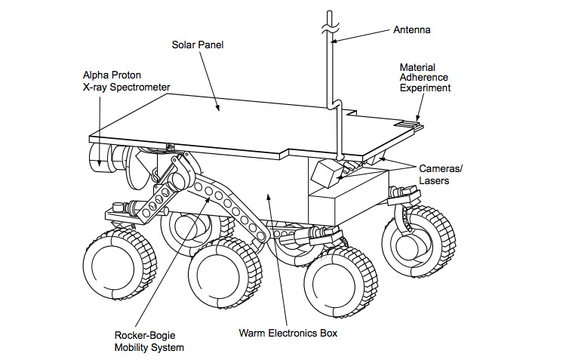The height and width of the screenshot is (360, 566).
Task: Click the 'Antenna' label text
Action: point(411,31)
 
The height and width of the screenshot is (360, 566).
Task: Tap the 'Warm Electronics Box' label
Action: point(288,332)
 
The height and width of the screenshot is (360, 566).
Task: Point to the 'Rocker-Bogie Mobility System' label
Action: point(149,341)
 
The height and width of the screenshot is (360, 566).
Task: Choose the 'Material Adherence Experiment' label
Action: point(425,78)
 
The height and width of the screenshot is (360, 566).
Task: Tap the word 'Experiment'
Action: point(425,88)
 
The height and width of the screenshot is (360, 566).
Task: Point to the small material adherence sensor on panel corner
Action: point(411,124)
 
